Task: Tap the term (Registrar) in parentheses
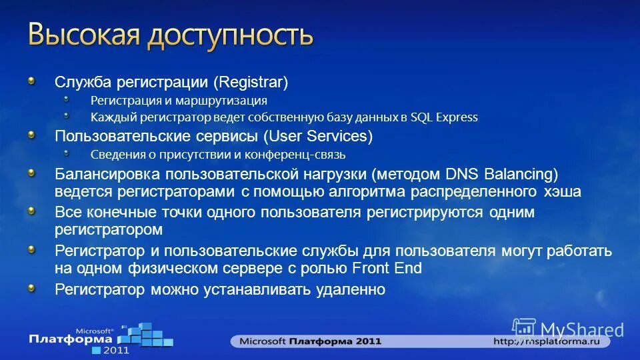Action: [x=251, y=83]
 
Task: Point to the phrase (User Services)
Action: [x=318, y=137]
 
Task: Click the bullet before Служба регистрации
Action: [x=31, y=80]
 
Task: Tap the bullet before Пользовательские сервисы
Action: [x=31, y=134]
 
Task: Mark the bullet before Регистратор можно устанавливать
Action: [x=31, y=287]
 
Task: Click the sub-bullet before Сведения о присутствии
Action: [x=67, y=153]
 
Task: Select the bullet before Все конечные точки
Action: [x=31, y=210]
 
